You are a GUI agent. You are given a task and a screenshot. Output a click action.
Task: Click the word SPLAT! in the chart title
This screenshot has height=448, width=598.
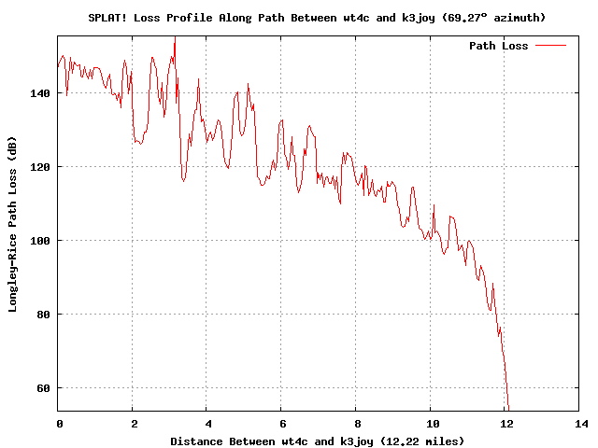click(x=108, y=17)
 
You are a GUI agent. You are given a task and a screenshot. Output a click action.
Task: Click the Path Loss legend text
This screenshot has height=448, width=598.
click(x=498, y=46)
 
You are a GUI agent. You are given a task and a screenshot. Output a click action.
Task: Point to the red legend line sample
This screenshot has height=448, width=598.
click(x=550, y=46)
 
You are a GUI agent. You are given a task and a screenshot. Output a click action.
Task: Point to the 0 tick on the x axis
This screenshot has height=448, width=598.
click(x=59, y=424)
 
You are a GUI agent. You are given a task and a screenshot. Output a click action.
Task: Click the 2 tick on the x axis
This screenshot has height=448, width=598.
click(x=133, y=424)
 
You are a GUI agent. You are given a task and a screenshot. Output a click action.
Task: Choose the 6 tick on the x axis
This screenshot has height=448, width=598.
click(x=282, y=424)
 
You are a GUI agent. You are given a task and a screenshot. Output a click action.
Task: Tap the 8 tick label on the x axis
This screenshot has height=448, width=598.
click(x=356, y=424)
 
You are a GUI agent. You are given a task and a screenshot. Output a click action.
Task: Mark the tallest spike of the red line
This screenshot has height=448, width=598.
click(x=175, y=39)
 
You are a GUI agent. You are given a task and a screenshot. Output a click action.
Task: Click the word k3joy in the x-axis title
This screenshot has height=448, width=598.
click(x=358, y=441)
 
